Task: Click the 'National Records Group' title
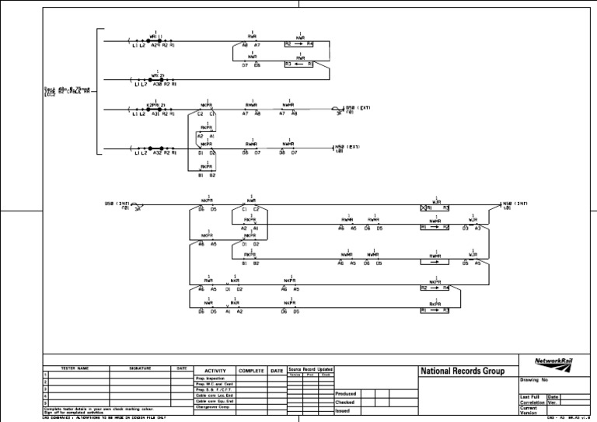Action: point(466,371)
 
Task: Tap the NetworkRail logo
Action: point(555,362)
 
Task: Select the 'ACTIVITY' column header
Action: point(214,371)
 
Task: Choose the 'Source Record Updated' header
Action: point(310,369)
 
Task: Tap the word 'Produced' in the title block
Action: point(345,394)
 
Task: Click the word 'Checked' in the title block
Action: point(344,403)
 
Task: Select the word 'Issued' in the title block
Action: point(342,411)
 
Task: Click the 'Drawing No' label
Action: point(534,380)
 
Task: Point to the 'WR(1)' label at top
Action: point(155,36)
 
